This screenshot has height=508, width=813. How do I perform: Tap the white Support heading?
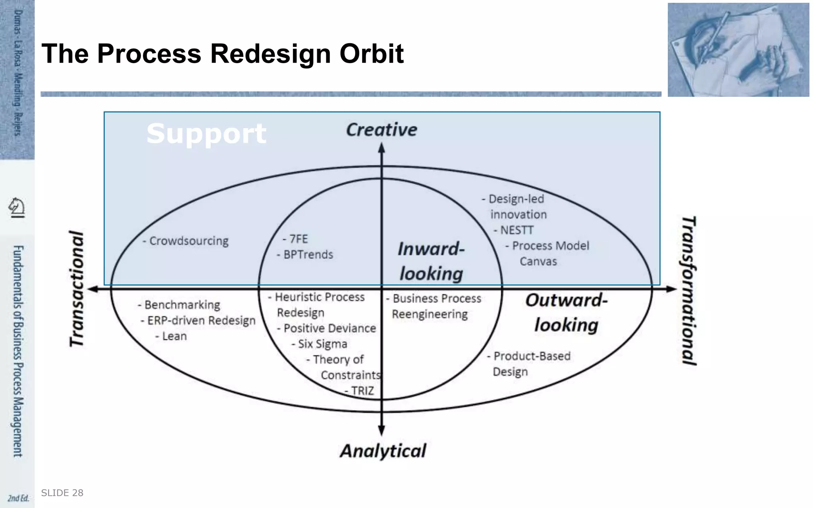[x=206, y=134]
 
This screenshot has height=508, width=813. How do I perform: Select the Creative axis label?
[x=381, y=130]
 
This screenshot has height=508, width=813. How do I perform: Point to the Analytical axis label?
[x=383, y=451]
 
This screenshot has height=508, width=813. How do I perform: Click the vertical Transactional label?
[x=77, y=289]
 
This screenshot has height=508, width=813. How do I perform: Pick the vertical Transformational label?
[x=689, y=290]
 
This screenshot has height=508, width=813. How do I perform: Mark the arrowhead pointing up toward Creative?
[x=381, y=148]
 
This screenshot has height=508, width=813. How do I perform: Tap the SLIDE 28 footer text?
[x=62, y=493]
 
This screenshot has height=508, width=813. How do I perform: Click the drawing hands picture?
[x=738, y=50]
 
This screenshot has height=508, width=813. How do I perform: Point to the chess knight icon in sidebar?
[x=17, y=207]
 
